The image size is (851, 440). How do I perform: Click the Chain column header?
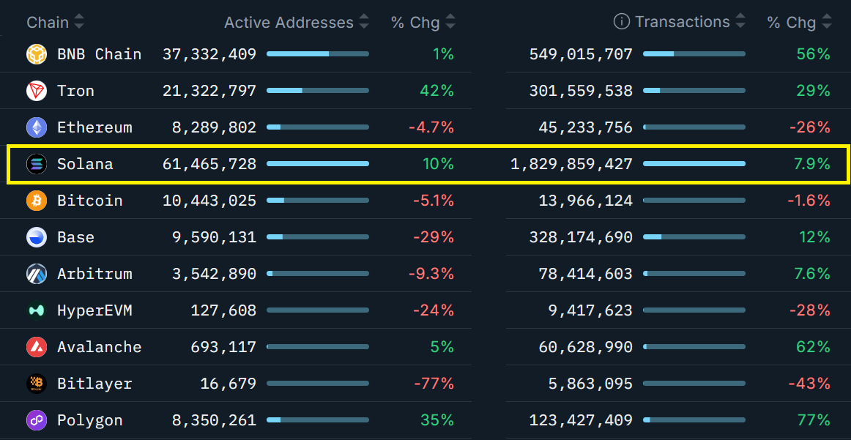point(48,23)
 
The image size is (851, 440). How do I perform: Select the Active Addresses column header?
point(289,23)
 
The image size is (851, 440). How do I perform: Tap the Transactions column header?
point(682,22)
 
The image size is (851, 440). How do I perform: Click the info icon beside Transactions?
point(621,22)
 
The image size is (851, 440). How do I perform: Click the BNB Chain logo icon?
point(37,54)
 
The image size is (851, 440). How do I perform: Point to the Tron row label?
point(75,91)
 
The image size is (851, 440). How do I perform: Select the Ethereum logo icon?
point(37,127)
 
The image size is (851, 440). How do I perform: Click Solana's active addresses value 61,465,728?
point(209,164)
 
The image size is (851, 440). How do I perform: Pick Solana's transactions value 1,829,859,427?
point(571,164)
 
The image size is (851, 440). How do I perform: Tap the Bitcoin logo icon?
point(37,201)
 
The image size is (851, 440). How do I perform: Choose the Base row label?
point(75,237)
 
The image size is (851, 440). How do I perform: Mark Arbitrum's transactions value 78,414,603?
point(585,274)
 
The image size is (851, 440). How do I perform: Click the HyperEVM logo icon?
point(37,310)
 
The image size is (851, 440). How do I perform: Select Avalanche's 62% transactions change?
point(813,347)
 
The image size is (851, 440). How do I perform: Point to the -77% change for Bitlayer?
point(434,384)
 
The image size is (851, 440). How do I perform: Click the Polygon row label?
point(89,420)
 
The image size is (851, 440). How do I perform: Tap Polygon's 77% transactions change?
point(813,420)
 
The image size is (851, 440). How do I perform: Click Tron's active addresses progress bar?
point(318,91)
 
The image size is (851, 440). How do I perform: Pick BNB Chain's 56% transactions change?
point(813,54)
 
